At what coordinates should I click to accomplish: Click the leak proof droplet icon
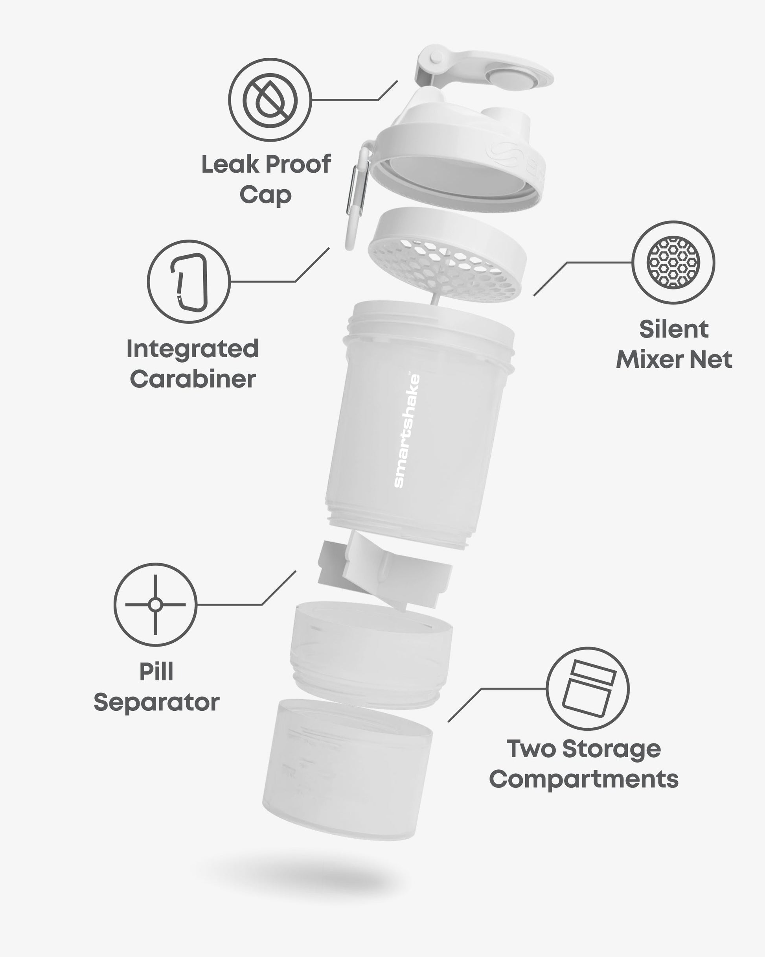[270, 100]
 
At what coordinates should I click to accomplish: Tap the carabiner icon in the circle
[189, 282]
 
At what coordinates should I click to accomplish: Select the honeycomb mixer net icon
[673, 262]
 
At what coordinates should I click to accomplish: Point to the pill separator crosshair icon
[155, 605]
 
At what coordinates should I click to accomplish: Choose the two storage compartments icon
[587, 688]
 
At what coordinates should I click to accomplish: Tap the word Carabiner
[193, 379]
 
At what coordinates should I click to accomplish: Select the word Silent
[673, 329]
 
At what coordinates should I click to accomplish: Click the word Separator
[156, 703]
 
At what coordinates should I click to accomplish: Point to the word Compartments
[584, 780]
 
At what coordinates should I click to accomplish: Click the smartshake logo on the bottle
[407, 431]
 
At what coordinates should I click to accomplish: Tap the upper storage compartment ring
[371, 653]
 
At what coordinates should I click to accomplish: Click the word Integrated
[193, 349]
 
